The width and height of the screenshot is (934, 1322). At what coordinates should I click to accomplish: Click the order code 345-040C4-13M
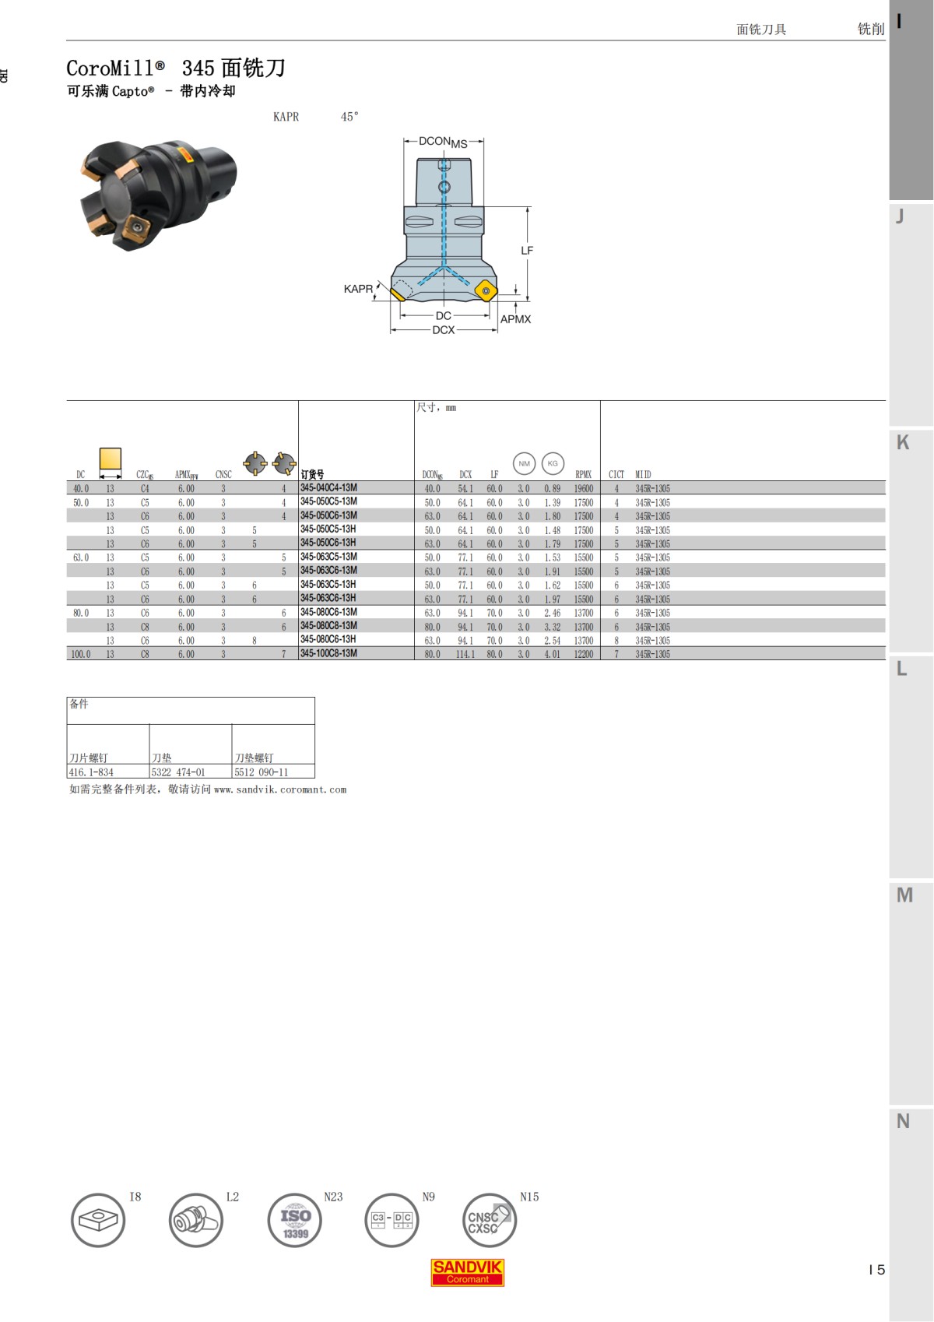tap(328, 488)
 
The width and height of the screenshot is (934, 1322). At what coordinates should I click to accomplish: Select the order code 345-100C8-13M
tap(328, 654)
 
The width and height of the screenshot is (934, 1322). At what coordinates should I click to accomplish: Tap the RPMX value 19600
tap(584, 489)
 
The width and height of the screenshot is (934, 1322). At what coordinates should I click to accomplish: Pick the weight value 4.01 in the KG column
tap(552, 655)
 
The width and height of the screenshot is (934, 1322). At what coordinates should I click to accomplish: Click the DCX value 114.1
tap(465, 655)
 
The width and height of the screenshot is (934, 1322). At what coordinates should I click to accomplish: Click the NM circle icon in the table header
tap(525, 463)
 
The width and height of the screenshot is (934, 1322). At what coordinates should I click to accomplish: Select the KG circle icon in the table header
tap(553, 463)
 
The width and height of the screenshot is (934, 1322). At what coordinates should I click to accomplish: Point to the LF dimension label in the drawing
tap(527, 251)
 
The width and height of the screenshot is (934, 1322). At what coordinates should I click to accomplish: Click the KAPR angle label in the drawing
tap(358, 289)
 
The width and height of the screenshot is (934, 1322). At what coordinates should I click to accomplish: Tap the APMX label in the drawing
tap(515, 319)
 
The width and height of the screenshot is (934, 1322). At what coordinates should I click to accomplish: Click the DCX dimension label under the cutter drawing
tap(444, 330)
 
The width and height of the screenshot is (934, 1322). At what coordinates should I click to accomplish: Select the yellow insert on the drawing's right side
tap(486, 292)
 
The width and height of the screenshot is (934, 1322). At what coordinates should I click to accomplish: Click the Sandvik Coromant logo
tap(468, 1272)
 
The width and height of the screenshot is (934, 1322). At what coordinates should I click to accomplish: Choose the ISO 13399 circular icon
tap(295, 1220)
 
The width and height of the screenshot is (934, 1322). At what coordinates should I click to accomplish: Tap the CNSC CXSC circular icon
tap(488, 1220)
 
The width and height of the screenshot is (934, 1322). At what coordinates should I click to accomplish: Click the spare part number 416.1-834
tap(91, 772)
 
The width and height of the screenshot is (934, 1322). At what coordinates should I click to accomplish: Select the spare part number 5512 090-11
tap(262, 772)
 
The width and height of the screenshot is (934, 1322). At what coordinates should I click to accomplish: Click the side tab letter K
tap(903, 443)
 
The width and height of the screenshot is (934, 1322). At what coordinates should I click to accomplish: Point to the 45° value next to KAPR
tap(349, 117)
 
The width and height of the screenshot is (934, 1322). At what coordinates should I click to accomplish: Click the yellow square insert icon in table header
tap(111, 459)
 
